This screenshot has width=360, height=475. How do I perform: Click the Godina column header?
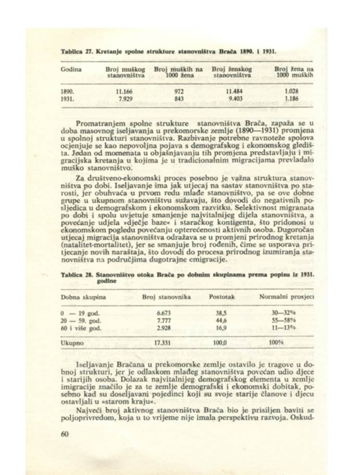tap(70, 69)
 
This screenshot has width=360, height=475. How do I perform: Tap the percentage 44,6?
tap(222, 321)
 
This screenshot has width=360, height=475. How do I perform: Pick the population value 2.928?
tap(164, 328)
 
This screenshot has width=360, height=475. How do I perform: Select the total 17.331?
tap(164, 344)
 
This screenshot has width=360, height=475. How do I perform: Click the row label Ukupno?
tap(71, 344)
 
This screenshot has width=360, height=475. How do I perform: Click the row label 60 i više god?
tap(81, 328)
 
